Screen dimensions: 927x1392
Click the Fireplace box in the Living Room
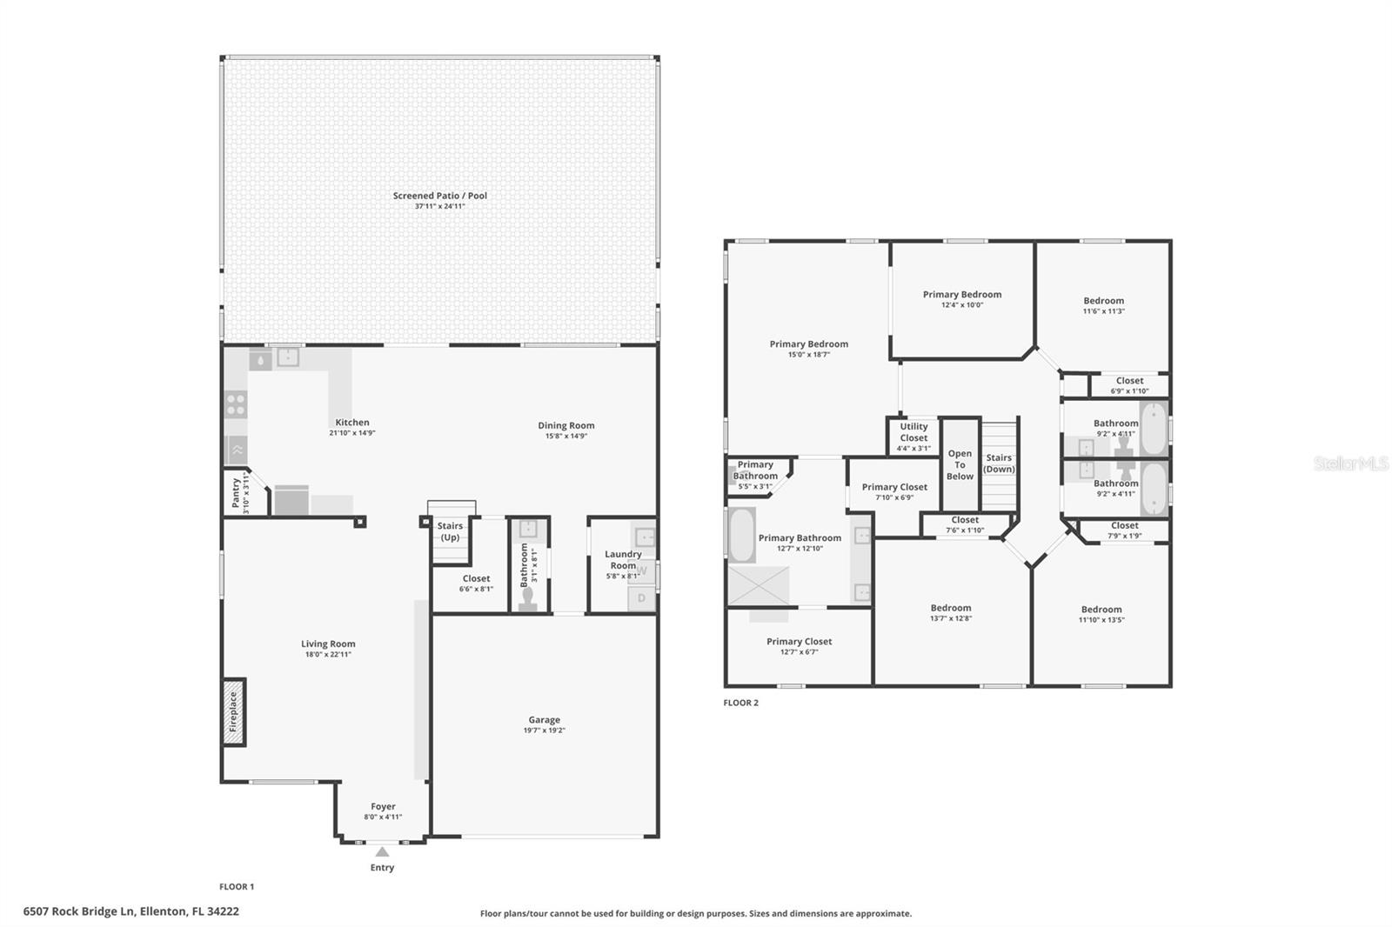coord(233,712)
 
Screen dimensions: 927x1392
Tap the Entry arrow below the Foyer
coord(382,852)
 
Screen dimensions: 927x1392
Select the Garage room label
coord(544,720)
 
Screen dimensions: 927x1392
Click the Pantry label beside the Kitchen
coord(236,493)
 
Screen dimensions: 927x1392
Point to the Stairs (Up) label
coord(450,531)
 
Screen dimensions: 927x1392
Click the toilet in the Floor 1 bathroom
coord(527,599)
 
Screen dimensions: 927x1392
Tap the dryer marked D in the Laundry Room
coord(642,598)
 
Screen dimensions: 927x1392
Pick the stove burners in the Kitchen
coord(236,404)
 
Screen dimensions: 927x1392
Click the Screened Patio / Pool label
coord(439,196)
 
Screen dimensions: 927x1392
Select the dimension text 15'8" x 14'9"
coord(565,436)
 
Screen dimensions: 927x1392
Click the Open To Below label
coord(960,465)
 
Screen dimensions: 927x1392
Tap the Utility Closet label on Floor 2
coord(913,432)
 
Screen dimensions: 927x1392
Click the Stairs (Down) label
coord(999,463)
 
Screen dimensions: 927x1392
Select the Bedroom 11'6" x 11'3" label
coord(1103,305)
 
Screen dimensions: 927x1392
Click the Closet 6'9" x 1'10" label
coord(1129,385)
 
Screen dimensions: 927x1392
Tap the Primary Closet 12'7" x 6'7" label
coord(799,646)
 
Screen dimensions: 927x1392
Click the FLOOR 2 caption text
coord(740,703)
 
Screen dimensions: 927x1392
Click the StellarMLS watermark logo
coord(1350,463)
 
